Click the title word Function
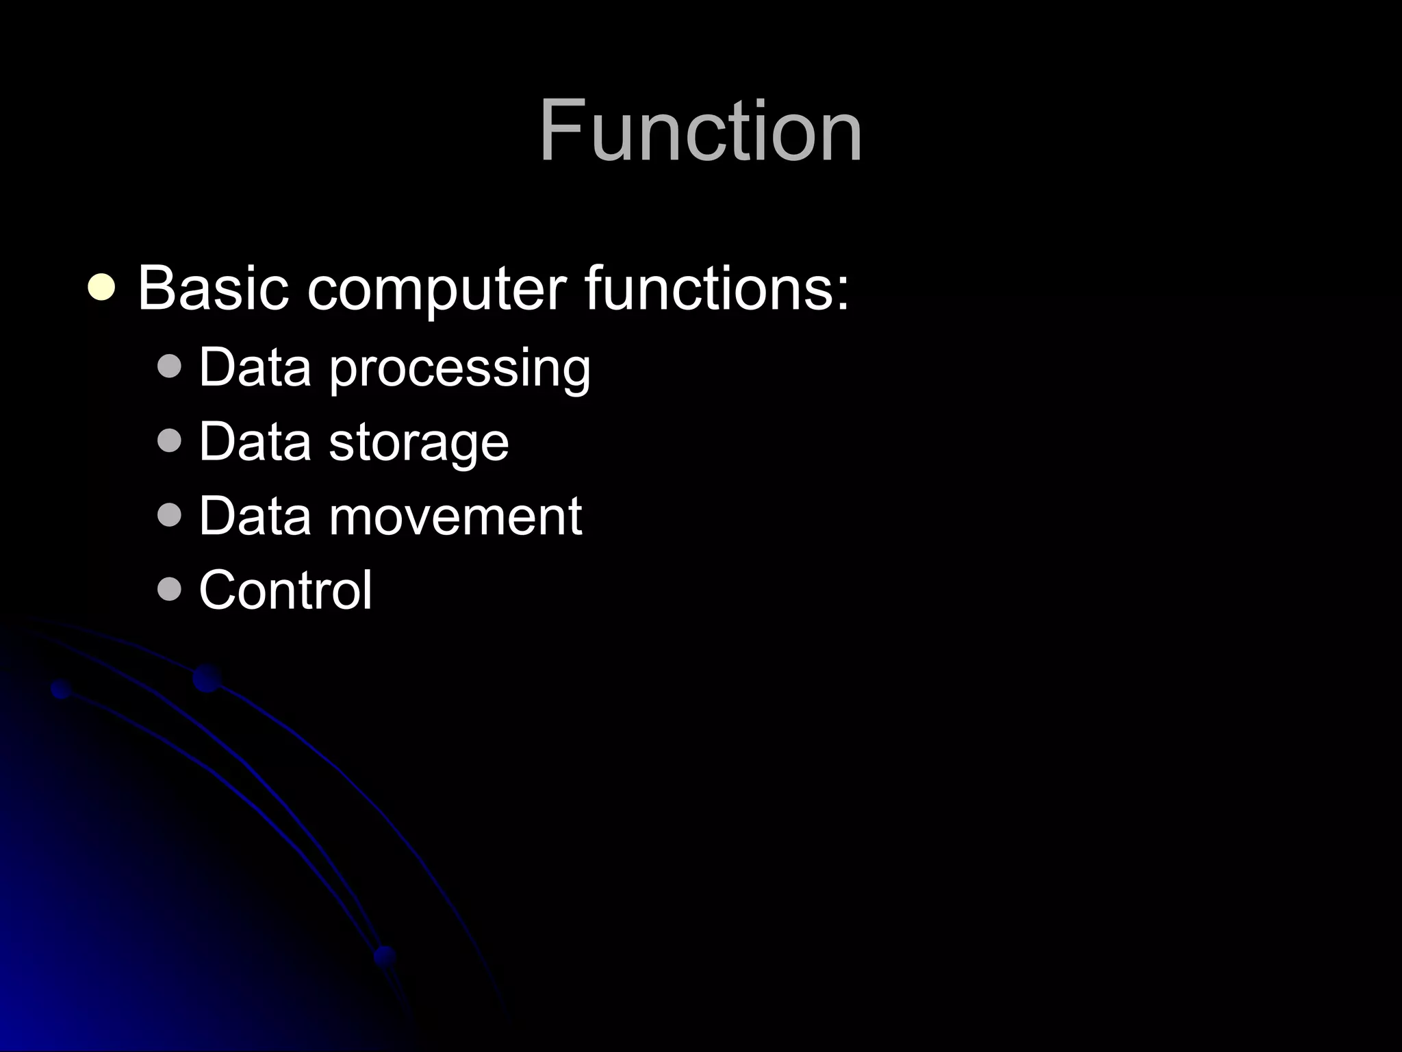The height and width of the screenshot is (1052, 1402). tap(700, 130)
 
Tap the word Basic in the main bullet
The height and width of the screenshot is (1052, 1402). tap(213, 288)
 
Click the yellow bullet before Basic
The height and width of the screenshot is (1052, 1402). tap(101, 288)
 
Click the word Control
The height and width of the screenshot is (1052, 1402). tap(285, 590)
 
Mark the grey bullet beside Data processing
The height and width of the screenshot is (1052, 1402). tap(169, 366)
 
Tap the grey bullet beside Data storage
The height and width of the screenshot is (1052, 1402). tap(169, 441)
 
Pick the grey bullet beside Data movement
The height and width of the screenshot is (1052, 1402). tap(169, 515)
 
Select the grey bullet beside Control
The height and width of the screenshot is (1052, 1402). tap(169, 589)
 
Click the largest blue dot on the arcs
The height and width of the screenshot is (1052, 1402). tap(207, 678)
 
